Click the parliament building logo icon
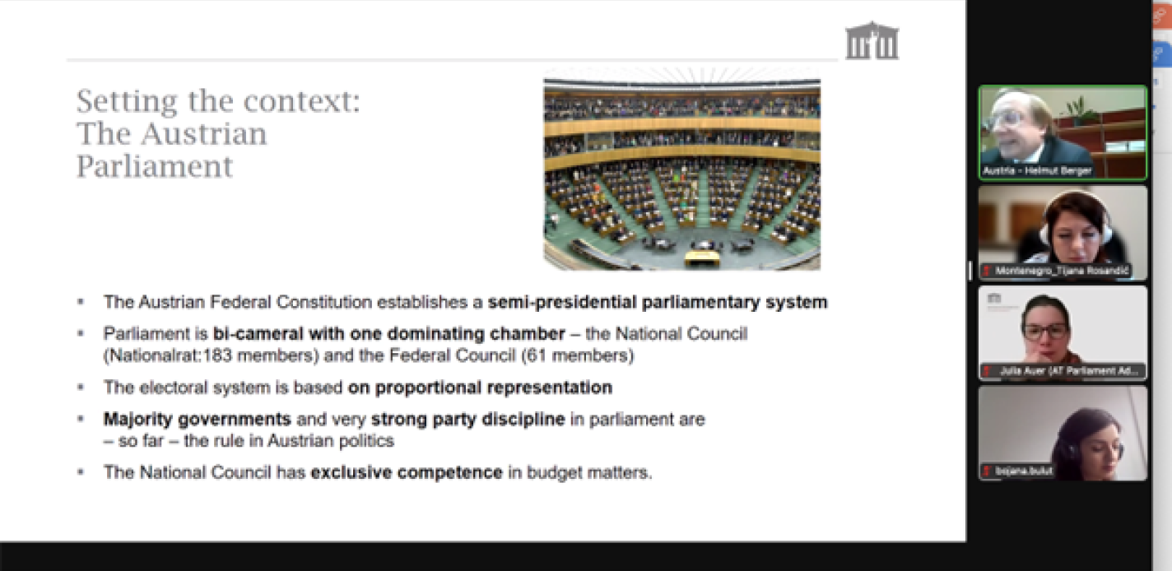pos(872,41)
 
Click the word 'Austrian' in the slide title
pos(203,134)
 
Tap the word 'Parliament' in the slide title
pos(155,167)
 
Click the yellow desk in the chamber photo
pos(701,258)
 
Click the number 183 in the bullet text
pos(217,355)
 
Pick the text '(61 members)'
pos(578,355)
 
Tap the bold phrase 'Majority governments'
pos(198,420)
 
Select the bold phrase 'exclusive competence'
pos(407,472)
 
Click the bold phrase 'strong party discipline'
pos(467,420)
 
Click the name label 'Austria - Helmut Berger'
pos(1037,170)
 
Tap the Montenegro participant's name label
pos(1062,271)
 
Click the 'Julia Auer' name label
pos(1069,371)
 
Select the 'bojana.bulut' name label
pos(1023,471)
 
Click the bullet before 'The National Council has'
pos(81,472)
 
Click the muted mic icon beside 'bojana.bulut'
pos(986,471)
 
